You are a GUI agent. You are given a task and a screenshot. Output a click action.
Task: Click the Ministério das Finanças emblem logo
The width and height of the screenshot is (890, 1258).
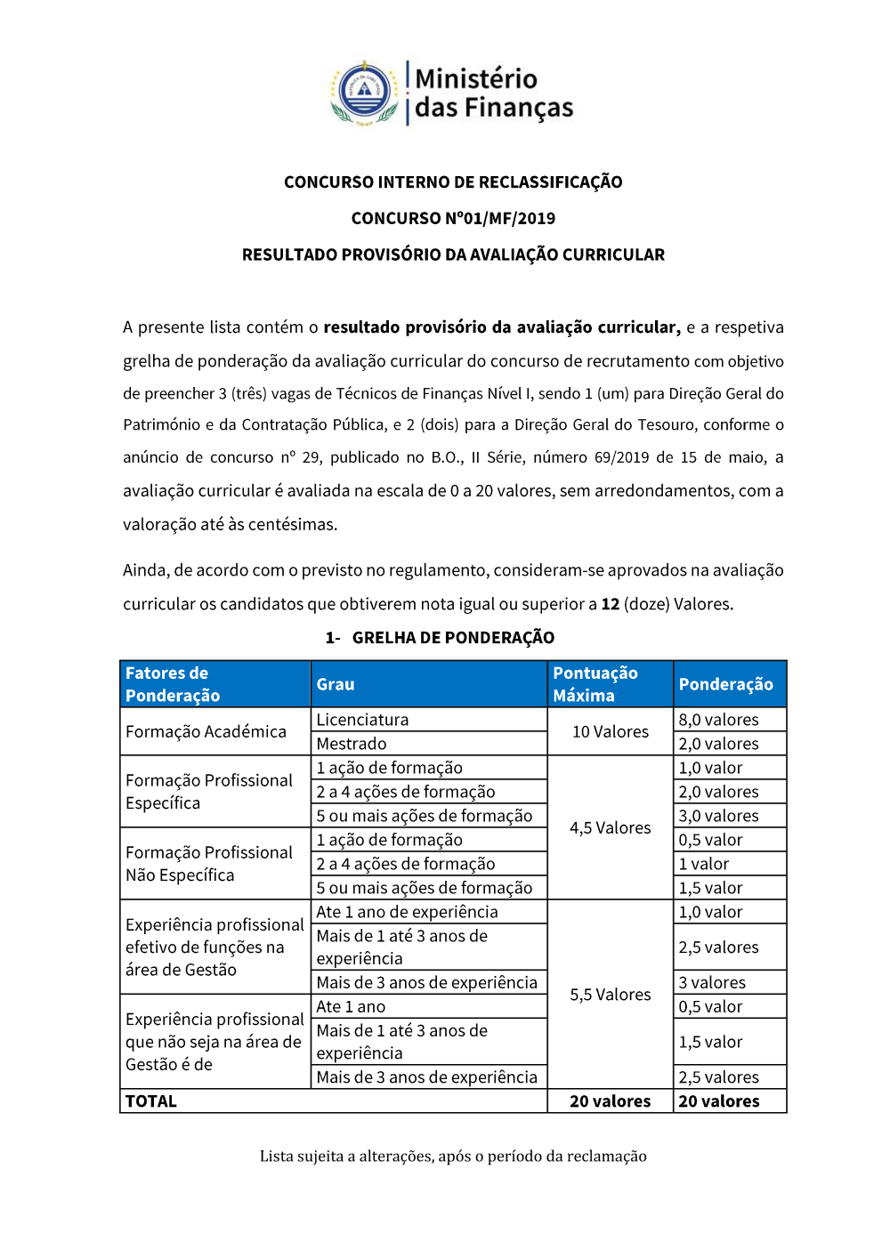365,92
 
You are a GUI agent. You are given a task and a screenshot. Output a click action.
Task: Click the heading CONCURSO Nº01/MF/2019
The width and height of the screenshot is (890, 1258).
453,219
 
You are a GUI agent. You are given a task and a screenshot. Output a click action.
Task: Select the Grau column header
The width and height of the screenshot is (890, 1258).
336,684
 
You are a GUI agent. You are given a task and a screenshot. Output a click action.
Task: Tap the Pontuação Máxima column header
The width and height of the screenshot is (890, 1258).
595,684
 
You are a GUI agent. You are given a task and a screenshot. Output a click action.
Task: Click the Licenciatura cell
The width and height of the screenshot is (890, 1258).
362,720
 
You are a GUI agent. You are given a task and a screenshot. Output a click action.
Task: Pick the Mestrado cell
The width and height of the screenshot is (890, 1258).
352,744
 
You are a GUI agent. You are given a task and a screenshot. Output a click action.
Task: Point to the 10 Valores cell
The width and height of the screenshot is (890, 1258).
610,731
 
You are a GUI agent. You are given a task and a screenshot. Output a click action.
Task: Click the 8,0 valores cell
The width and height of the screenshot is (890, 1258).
718,720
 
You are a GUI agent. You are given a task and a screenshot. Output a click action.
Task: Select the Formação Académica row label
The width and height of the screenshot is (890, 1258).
206,731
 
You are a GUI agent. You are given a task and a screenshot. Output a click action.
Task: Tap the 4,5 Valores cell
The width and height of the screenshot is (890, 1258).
610,827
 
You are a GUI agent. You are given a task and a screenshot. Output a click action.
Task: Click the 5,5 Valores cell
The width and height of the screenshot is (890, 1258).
610,995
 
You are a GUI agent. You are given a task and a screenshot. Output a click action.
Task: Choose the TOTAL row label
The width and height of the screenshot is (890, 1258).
151,1101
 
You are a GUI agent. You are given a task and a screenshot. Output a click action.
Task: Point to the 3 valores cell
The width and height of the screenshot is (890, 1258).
712,983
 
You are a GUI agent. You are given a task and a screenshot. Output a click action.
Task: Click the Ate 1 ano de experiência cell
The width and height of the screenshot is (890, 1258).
407,912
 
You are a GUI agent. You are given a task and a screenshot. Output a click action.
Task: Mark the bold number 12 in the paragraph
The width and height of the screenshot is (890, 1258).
610,604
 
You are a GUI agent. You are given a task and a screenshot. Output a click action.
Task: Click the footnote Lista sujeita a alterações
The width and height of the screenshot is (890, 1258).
453,1157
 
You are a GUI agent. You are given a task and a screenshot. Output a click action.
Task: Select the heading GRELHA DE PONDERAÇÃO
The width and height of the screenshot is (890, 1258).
453,638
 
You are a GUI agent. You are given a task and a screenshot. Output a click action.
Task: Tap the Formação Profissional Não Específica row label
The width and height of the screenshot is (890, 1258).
209,864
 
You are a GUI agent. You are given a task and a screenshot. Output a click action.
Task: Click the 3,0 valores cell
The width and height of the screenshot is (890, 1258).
718,816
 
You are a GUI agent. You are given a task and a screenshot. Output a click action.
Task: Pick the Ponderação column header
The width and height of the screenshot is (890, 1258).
725,684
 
